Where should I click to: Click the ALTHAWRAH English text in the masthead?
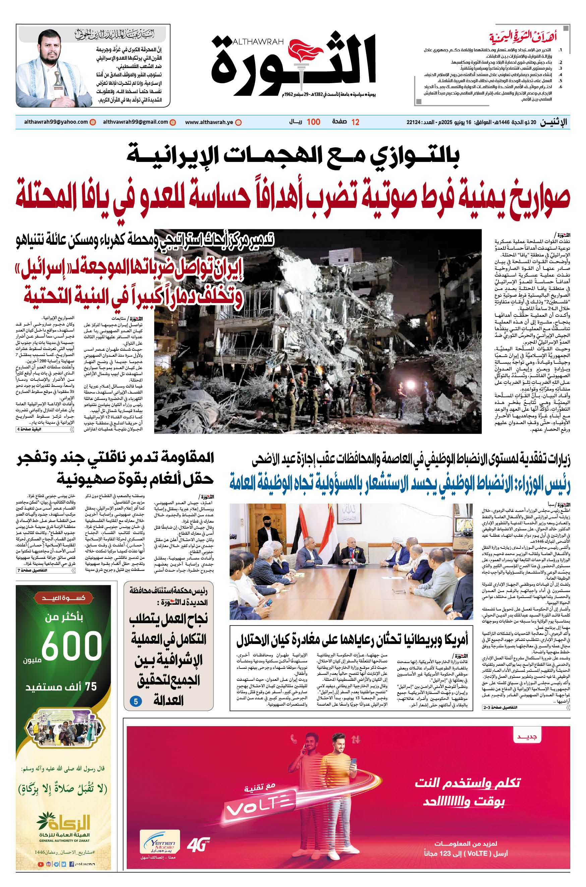(258, 42)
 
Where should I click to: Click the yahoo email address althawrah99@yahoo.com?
(56, 122)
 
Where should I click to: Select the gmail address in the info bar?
(135, 122)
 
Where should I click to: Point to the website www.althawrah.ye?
(209, 122)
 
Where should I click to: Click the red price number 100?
(313, 122)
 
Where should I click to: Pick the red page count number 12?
(355, 122)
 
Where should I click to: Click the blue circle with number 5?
(136, 701)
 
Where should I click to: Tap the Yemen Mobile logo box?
(160, 842)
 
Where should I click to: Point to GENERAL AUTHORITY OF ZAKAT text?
(64, 840)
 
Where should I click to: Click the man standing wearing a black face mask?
(266, 532)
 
